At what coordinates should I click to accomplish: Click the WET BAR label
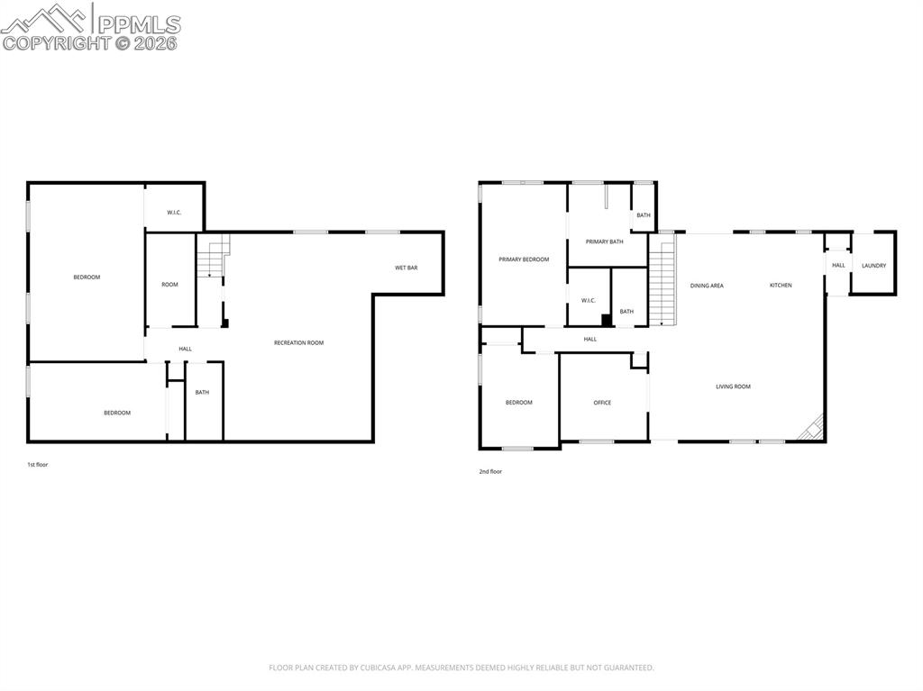[x=406, y=268]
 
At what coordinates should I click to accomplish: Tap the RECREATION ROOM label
[x=298, y=342]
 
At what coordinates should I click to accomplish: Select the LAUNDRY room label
[x=873, y=266]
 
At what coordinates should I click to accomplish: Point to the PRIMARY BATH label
[x=604, y=241]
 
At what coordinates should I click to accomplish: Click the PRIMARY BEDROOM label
[x=524, y=259]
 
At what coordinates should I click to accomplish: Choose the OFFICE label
[x=602, y=403]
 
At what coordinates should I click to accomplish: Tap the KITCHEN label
[x=781, y=286]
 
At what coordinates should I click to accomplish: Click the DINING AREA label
[x=707, y=286]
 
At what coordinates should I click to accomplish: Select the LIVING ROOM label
[x=733, y=386]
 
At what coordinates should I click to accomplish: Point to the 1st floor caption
[x=37, y=465]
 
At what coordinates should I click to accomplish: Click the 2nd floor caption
[x=490, y=471]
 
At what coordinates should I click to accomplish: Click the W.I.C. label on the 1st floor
[x=174, y=213]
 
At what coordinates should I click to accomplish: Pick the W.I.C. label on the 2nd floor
[x=589, y=300]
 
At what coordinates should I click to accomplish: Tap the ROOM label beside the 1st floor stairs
[x=169, y=285]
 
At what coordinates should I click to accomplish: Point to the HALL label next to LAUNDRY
[x=838, y=265]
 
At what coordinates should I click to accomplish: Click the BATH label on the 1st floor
[x=202, y=392]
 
